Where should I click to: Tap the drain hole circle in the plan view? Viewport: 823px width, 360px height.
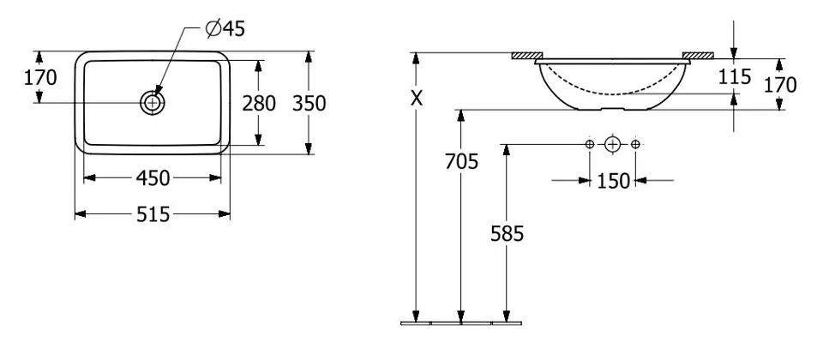tap(153, 103)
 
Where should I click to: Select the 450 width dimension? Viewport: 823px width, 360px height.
tap(153, 177)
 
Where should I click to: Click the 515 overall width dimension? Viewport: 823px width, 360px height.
tap(153, 213)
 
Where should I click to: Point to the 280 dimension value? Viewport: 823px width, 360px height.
tap(259, 104)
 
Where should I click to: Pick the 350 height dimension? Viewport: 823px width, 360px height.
tap(309, 104)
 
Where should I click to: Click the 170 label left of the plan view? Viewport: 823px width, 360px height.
tap(40, 78)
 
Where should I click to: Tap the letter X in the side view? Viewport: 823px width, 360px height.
tap(416, 99)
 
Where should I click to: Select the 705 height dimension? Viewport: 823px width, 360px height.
tap(461, 160)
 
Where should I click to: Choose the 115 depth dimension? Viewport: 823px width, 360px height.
tap(735, 77)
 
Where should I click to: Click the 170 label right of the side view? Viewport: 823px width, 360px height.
tap(780, 84)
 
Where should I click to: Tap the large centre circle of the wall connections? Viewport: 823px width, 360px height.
tap(612, 144)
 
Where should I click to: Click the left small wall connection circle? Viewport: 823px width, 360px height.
tap(590, 144)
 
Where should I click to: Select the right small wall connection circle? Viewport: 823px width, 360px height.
tap(635, 144)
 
